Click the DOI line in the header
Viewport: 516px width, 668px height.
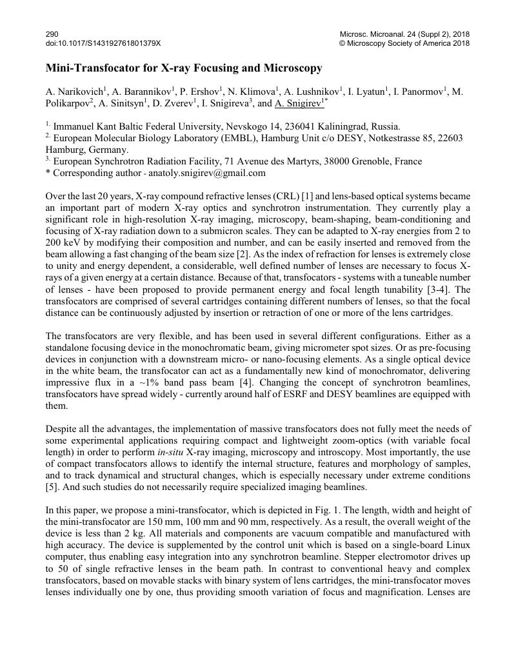tap(103, 43)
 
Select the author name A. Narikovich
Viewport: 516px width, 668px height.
tap(75, 92)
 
